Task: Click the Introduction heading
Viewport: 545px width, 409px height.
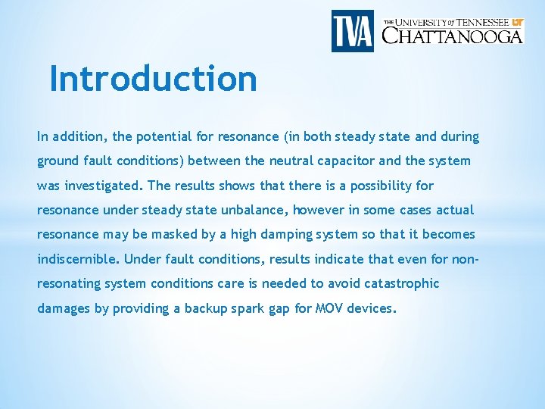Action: (153, 79)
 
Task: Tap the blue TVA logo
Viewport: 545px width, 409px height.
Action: (352, 31)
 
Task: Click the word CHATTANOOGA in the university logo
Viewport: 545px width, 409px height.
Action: (453, 36)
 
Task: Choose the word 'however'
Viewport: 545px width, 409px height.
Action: (317, 210)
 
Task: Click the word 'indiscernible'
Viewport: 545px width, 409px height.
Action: (78, 258)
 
